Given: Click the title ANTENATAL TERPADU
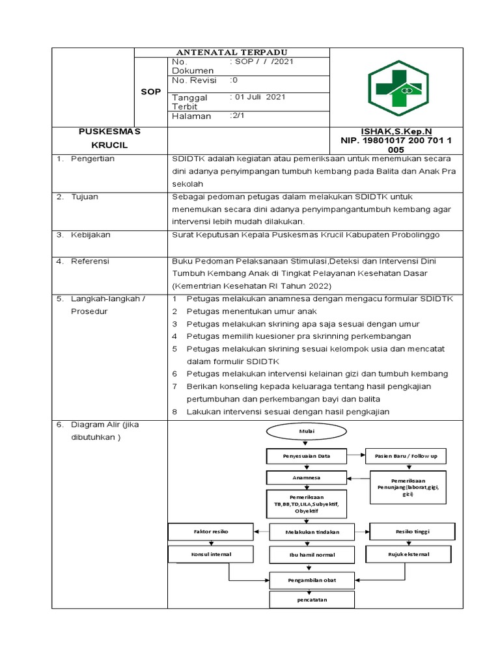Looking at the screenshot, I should tap(232, 52).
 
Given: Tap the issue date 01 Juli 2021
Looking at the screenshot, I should tap(259, 97).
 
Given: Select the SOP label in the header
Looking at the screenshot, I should tap(150, 92).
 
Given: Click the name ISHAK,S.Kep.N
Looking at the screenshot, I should tap(396, 131).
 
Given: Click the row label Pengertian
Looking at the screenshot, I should tap(92, 158).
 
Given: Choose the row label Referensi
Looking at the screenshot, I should tap(90, 261).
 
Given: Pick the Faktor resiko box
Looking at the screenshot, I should tap(210, 531).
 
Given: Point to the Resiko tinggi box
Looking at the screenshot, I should tap(412, 531).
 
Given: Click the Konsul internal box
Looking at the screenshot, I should tap(210, 554).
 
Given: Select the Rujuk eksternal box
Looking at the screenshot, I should tap(408, 554).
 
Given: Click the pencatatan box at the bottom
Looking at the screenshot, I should tap(312, 599).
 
